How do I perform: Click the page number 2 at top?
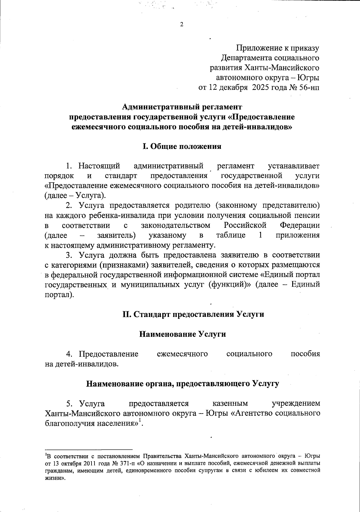pos(181,25)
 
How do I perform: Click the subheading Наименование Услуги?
pos(183,334)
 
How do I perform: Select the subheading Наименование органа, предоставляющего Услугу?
pos(183,384)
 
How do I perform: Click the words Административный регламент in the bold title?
pos(182,107)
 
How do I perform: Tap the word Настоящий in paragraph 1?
pos(99,166)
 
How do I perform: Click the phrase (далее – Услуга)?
pos(75,196)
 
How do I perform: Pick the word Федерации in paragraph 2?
pos(299,225)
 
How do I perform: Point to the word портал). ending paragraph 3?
pos(59,295)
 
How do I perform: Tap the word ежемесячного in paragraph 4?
pos(182,354)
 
